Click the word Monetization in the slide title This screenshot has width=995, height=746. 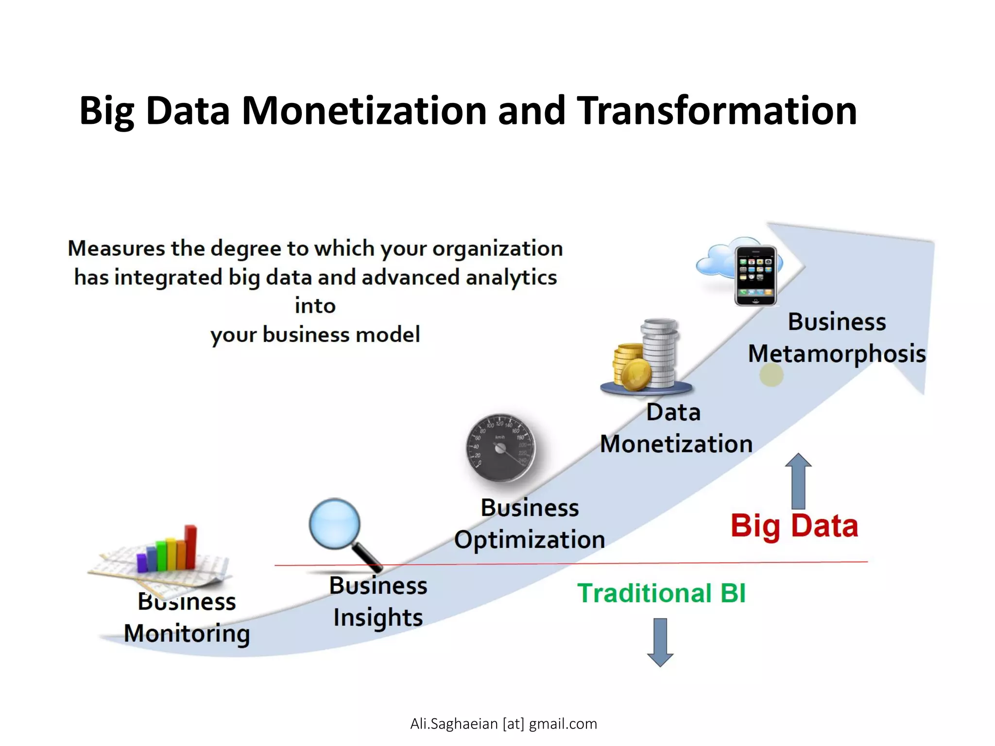tap(364, 111)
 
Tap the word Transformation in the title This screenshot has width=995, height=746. tap(717, 111)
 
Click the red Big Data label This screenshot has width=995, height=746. tap(794, 526)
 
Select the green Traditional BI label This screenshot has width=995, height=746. tap(661, 593)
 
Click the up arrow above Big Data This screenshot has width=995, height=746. tap(798, 481)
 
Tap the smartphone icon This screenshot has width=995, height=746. tap(755, 275)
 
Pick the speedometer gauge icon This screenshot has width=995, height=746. tap(500, 448)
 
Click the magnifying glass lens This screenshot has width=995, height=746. tap(335, 524)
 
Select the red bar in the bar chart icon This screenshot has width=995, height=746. tap(191, 546)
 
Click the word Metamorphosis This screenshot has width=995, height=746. tap(837, 354)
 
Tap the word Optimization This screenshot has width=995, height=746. tap(530, 540)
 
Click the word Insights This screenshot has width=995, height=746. tap(378, 618)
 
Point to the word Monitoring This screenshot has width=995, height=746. tap(187, 633)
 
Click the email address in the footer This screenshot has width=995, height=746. tap(503, 724)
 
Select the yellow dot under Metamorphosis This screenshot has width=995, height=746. tap(771, 375)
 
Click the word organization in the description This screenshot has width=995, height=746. tap(497, 249)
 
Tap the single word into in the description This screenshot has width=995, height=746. tap(315, 306)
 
